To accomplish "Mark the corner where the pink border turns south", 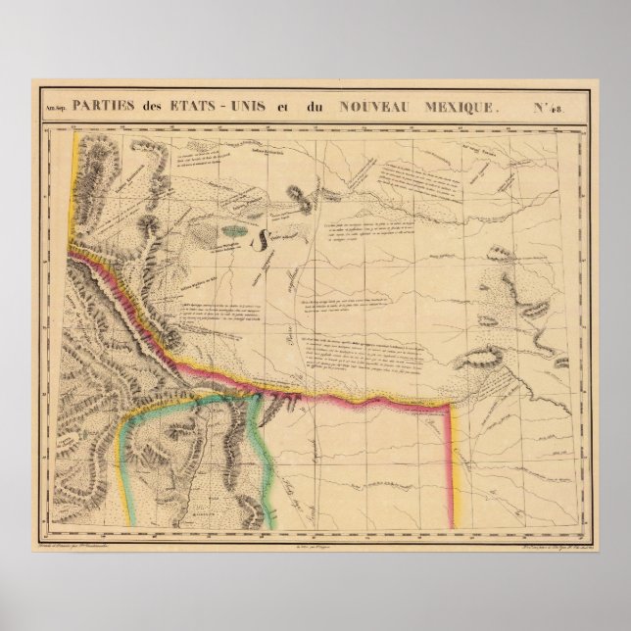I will tap(452, 402).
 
